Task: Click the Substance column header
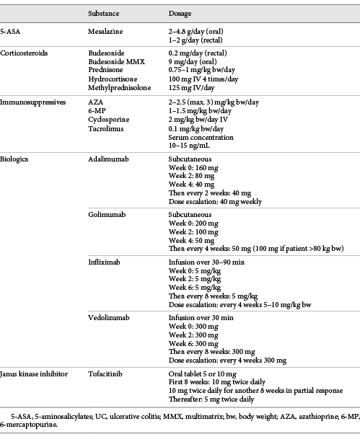(x=104, y=14)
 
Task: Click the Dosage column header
(x=180, y=14)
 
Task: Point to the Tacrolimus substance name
(x=105, y=128)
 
